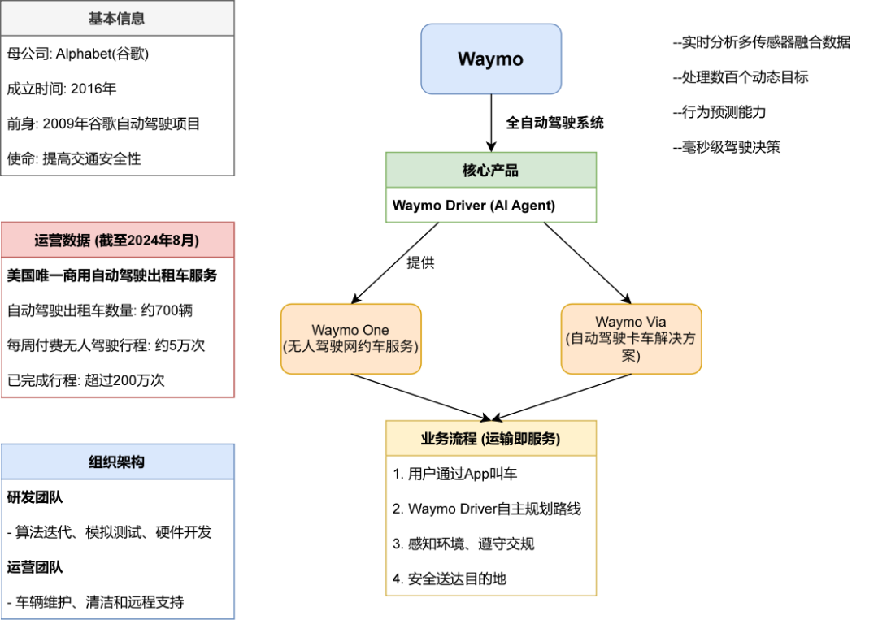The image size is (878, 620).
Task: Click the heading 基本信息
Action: (117, 19)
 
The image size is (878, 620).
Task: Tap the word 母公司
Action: (27, 54)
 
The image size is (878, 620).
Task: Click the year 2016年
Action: (93, 89)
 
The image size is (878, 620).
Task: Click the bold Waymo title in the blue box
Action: (490, 59)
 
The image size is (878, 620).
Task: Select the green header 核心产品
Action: (490, 171)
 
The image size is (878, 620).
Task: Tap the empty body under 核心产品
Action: (490, 205)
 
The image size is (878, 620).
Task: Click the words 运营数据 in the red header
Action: (63, 241)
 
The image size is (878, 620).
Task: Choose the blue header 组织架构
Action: (117, 462)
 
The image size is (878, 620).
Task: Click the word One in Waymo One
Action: (375, 331)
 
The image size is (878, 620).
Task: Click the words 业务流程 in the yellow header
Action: (449, 439)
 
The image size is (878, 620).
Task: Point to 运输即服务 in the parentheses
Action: (520, 439)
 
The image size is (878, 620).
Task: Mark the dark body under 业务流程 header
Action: (491, 525)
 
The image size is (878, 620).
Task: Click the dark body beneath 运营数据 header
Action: (117, 327)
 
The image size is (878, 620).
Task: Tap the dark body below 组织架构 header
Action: (117, 548)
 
